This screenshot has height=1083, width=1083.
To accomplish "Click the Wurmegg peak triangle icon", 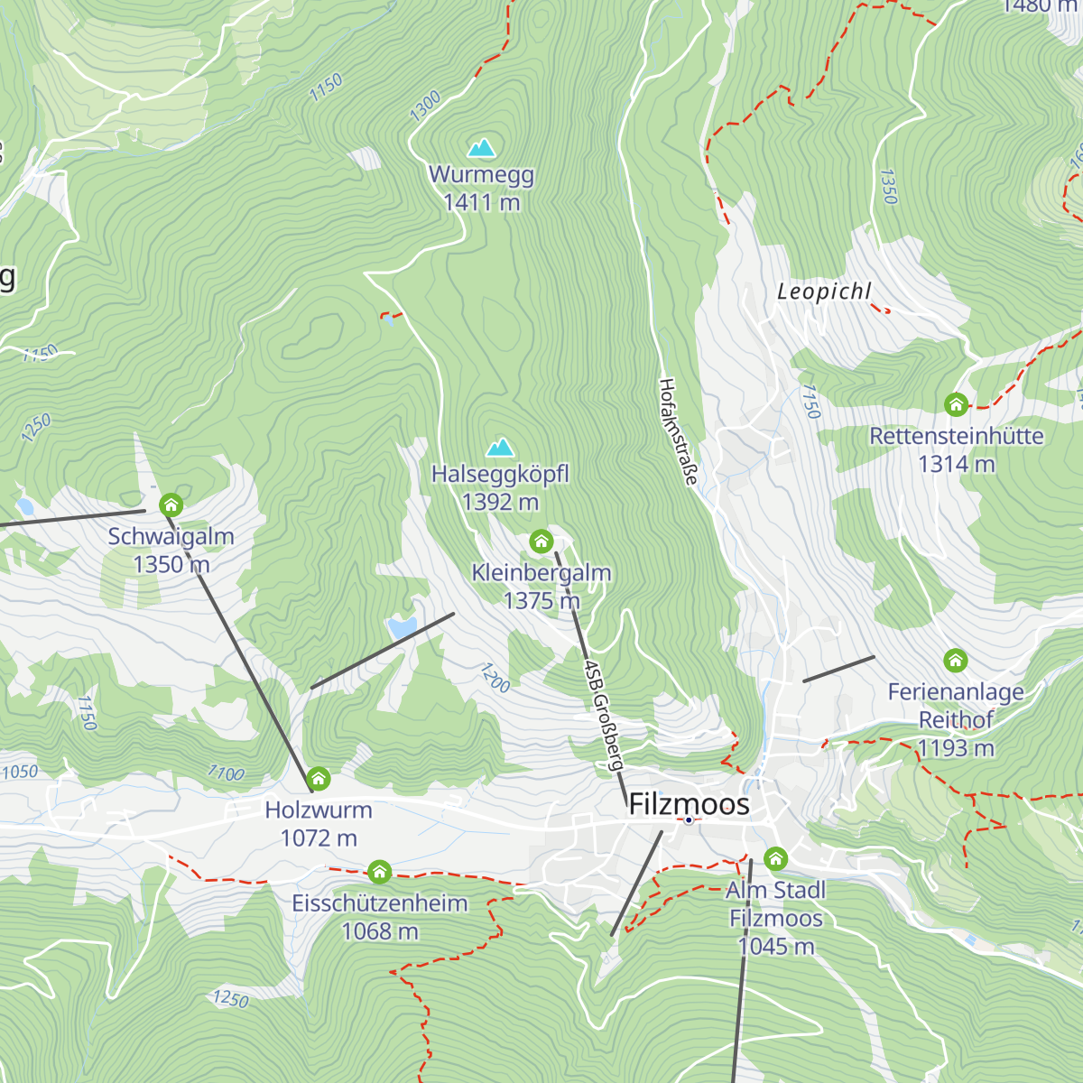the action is [x=482, y=147].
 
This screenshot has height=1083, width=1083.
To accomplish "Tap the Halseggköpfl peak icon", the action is [x=500, y=447].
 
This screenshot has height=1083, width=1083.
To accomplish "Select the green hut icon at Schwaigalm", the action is [x=171, y=504].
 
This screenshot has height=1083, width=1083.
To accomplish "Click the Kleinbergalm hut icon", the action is [x=541, y=541].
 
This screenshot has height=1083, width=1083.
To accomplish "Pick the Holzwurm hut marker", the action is [x=318, y=778].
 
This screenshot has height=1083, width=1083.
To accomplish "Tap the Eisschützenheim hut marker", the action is [x=379, y=872].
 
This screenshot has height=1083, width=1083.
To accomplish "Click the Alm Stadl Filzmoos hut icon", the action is [x=775, y=858].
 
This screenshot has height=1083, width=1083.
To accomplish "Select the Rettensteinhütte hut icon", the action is [x=956, y=404].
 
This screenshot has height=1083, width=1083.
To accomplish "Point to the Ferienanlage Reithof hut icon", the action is [x=955, y=661].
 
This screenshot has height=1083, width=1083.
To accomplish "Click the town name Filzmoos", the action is [x=689, y=803].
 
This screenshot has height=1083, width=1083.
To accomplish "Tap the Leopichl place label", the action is [x=824, y=292].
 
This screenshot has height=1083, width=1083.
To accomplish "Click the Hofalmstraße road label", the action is [x=678, y=431].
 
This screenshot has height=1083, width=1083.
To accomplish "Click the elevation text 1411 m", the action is [x=481, y=203].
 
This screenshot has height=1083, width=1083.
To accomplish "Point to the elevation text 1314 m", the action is [x=956, y=464].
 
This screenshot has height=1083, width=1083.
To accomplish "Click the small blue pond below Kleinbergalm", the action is [x=403, y=627].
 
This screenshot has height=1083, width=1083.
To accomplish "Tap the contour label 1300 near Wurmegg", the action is [x=425, y=106].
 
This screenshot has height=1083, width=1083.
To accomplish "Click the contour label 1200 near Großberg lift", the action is [x=494, y=678].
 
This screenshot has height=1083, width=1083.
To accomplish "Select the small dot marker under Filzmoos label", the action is [x=689, y=820].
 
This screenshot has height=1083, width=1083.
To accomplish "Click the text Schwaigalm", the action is [x=171, y=536].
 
